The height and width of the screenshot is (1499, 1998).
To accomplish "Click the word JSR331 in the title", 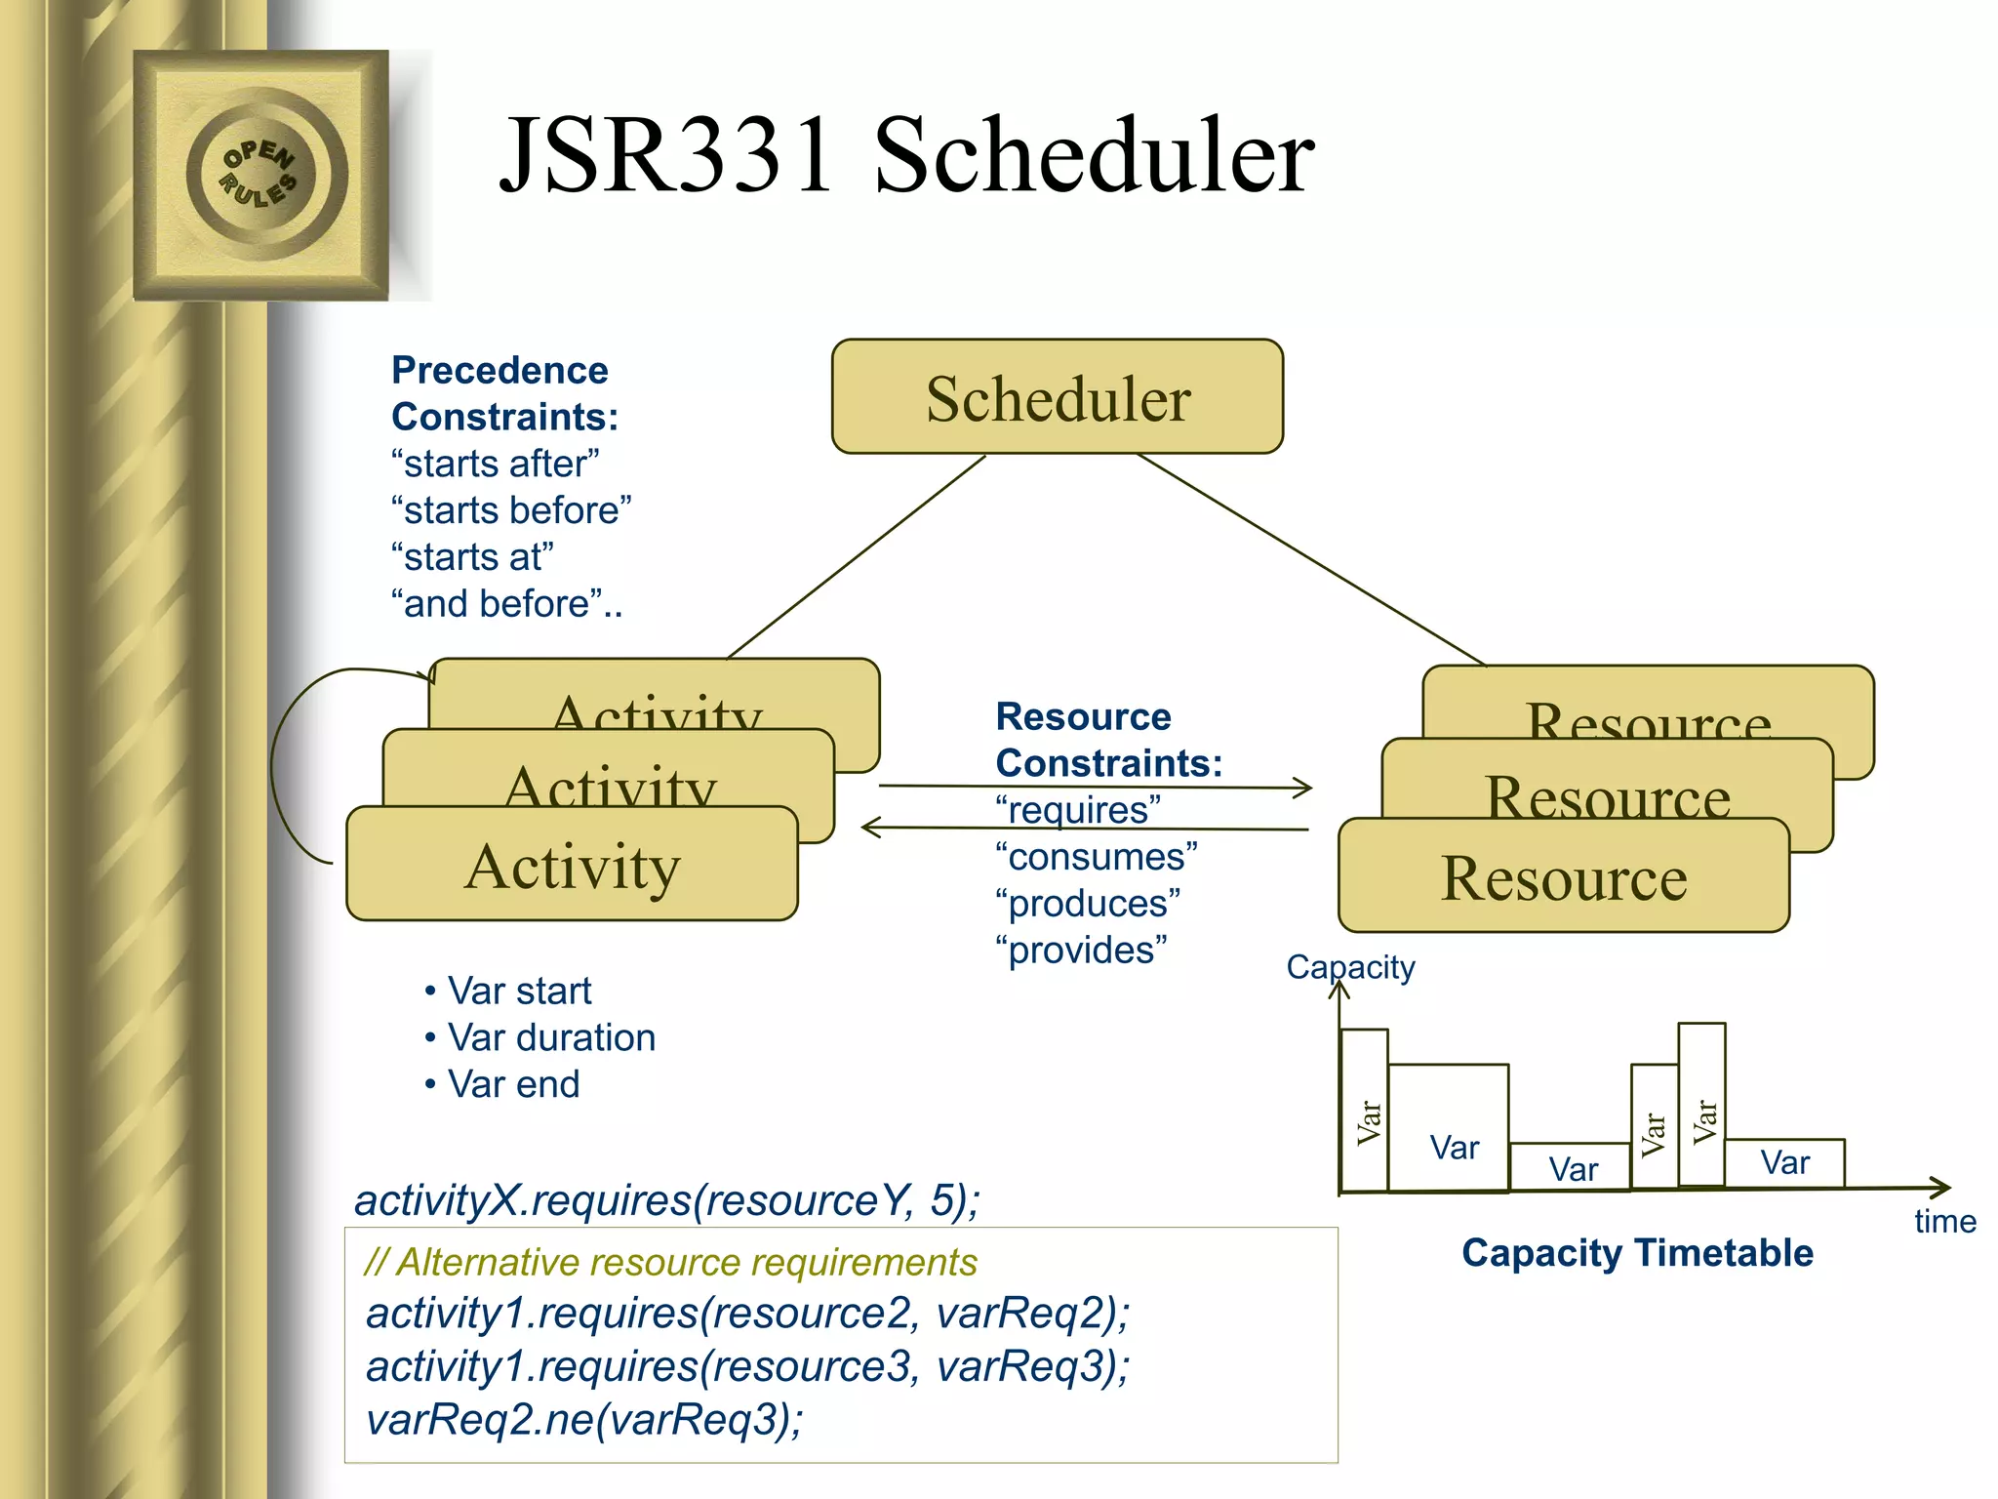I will pyautogui.click(x=666, y=156).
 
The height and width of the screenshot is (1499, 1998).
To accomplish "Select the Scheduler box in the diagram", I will pyautogui.click(x=1057, y=397).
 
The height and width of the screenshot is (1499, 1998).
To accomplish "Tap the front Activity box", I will pyautogui.click(x=572, y=866).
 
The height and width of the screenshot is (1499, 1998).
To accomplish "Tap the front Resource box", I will pyautogui.click(x=1563, y=877).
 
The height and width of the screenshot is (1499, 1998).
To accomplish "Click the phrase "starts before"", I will pyautogui.click(x=511, y=510).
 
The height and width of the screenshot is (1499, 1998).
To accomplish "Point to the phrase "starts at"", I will pyautogui.click(x=473, y=557).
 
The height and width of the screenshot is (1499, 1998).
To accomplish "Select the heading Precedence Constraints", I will pyautogui.click(x=503, y=393).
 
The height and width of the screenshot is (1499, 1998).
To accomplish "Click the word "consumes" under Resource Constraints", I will pyautogui.click(x=1097, y=857).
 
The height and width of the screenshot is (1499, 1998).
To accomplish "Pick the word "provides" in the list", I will pyautogui.click(x=1081, y=950).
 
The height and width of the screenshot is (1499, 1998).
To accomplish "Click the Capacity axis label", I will pyautogui.click(x=1350, y=967).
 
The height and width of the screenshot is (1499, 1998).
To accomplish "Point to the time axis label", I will pyautogui.click(x=1944, y=1222).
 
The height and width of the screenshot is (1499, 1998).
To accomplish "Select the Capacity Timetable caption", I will pyautogui.click(x=1637, y=1253).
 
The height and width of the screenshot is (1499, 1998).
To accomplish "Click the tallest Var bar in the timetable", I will pyautogui.click(x=1701, y=1105).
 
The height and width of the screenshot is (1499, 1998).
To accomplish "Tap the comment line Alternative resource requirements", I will pyautogui.click(x=671, y=1263).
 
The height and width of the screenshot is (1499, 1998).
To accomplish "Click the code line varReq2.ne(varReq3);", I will pyautogui.click(x=583, y=1420).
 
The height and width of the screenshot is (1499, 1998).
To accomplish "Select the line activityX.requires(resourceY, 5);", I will pyautogui.click(x=667, y=1200).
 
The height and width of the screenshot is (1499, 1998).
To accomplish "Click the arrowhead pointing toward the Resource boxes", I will pyautogui.click(x=1303, y=788).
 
